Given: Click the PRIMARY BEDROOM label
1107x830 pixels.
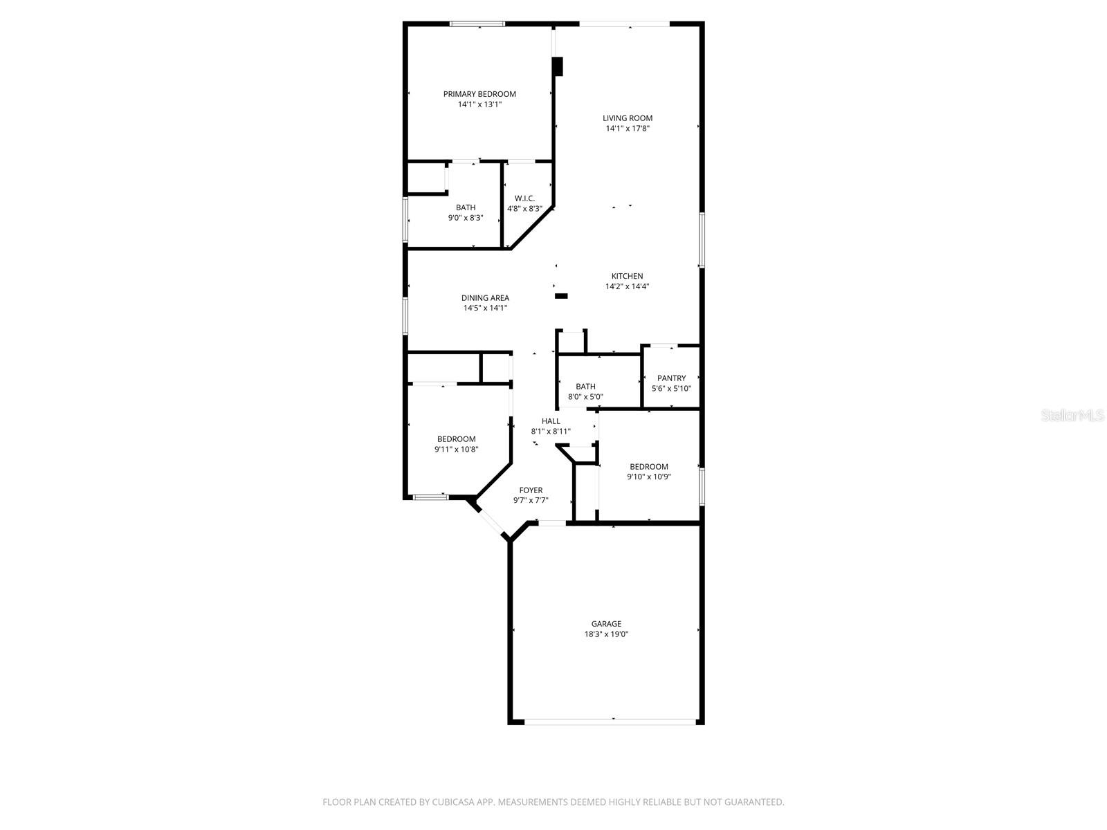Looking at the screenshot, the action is pos(479,94).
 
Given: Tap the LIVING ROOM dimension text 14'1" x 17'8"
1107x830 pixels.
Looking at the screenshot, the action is pos(628,129).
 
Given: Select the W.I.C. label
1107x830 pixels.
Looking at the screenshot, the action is pos(524,198).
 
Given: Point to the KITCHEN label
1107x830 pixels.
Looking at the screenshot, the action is pos(627,276).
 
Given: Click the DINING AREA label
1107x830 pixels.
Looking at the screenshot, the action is pos(485,298).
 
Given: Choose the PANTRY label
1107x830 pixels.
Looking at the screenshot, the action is pos(671,378).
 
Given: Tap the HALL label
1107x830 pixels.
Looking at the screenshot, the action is pos(551,421).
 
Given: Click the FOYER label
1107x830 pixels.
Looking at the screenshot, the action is pos(531,490).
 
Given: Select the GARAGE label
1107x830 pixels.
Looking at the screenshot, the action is pos(606,623).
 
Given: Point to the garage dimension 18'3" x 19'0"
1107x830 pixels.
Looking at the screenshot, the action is pos(606,634).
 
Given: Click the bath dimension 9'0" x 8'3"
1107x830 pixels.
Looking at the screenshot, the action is pos(466,218).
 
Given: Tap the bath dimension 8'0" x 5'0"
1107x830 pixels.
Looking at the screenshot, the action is pos(585,396).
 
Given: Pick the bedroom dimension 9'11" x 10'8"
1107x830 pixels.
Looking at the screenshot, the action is pos(457,449).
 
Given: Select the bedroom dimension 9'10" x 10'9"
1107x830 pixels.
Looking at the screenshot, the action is pos(649,477).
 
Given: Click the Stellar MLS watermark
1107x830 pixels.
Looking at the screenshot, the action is pos(1072,415).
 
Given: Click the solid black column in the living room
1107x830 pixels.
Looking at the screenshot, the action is pos(557,66).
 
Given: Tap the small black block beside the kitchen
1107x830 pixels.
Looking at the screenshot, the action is pos(561,296).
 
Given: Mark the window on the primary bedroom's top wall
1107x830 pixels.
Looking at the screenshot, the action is pos(477,24).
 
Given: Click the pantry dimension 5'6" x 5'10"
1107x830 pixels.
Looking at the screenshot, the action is pos(671,389).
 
